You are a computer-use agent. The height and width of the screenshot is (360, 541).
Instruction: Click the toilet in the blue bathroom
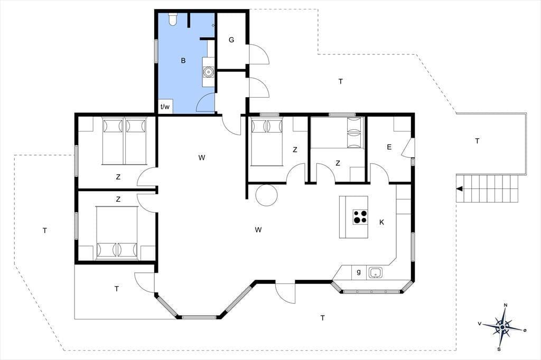[173, 19]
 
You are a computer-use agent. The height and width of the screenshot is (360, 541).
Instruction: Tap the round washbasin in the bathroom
[208, 72]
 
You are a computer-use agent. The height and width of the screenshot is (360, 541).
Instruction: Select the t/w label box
[165, 107]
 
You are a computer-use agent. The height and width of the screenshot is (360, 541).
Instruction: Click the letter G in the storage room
[231, 40]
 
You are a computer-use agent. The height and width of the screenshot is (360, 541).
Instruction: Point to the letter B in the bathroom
[183, 61]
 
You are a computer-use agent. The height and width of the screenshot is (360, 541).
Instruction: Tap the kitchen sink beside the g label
[376, 272]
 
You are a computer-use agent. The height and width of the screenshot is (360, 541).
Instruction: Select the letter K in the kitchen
[381, 222]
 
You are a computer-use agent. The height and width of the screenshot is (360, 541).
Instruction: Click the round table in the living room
[266, 195]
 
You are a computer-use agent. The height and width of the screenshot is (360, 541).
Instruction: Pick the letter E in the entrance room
[389, 147]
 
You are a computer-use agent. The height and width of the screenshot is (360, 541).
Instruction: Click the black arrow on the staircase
[460, 188]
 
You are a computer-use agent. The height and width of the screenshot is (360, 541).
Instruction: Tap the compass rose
[503, 327]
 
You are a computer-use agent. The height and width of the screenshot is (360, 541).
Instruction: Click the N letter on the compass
[506, 305]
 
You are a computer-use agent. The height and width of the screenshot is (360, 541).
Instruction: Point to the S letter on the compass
[499, 349]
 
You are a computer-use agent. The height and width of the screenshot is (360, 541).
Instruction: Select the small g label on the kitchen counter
[359, 272]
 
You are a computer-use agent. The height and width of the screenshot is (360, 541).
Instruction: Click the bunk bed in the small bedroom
[356, 132]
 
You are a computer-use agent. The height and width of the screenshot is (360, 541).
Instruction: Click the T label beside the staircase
[477, 141]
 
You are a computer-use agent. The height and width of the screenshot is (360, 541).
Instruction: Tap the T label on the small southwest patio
[117, 289]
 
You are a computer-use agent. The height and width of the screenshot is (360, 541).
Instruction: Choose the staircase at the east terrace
[488, 188]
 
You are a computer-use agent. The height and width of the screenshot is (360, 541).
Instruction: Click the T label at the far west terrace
[44, 230]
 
